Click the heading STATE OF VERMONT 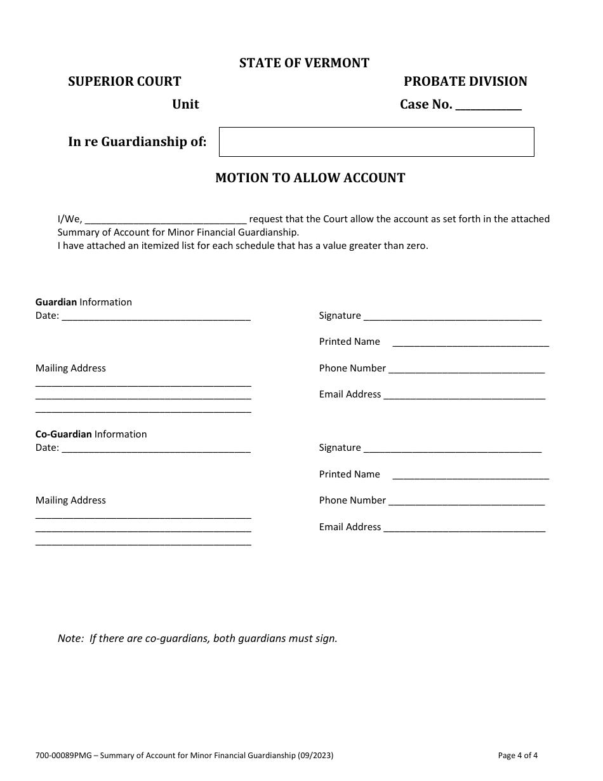pyautogui.click(x=304, y=63)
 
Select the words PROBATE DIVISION pyautogui.click(x=465, y=81)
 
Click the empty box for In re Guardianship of pyautogui.click(x=376, y=142)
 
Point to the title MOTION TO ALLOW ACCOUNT pyautogui.click(x=310, y=178)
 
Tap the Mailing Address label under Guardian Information pyautogui.click(x=70, y=368)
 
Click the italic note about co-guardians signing pyautogui.click(x=197, y=638)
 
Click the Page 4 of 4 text pyautogui.click(x=518, y=756)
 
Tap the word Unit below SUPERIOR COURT pyautogui.click(x=185, y=104)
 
